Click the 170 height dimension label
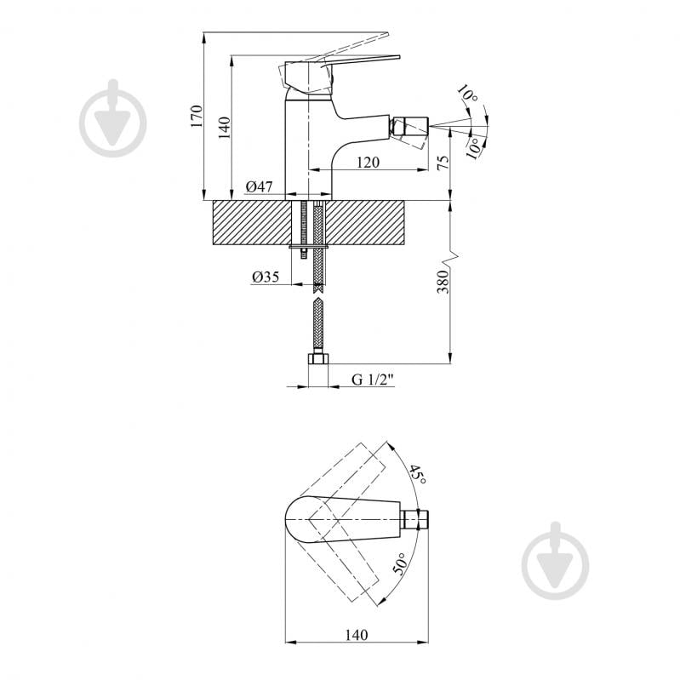(197, 116)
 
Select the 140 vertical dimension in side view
(224, 128)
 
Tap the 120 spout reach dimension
(368, 163)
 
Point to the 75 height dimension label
(443, 163)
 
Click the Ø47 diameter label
(260, 186)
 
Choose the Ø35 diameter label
(266, 277)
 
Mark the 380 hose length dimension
(443, 282)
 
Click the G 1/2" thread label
(373, 380)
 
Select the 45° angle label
(418, 474)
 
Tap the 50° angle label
(400, 563)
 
